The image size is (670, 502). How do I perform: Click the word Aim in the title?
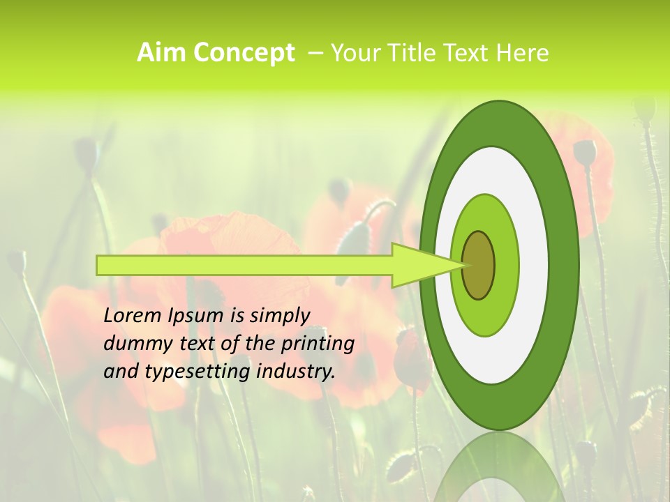(x=160, y=53)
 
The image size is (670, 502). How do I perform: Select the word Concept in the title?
(x=241, y=53)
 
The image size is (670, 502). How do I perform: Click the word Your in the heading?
(x=355, y=53)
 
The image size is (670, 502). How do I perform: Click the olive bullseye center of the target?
(x=478, y=265)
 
